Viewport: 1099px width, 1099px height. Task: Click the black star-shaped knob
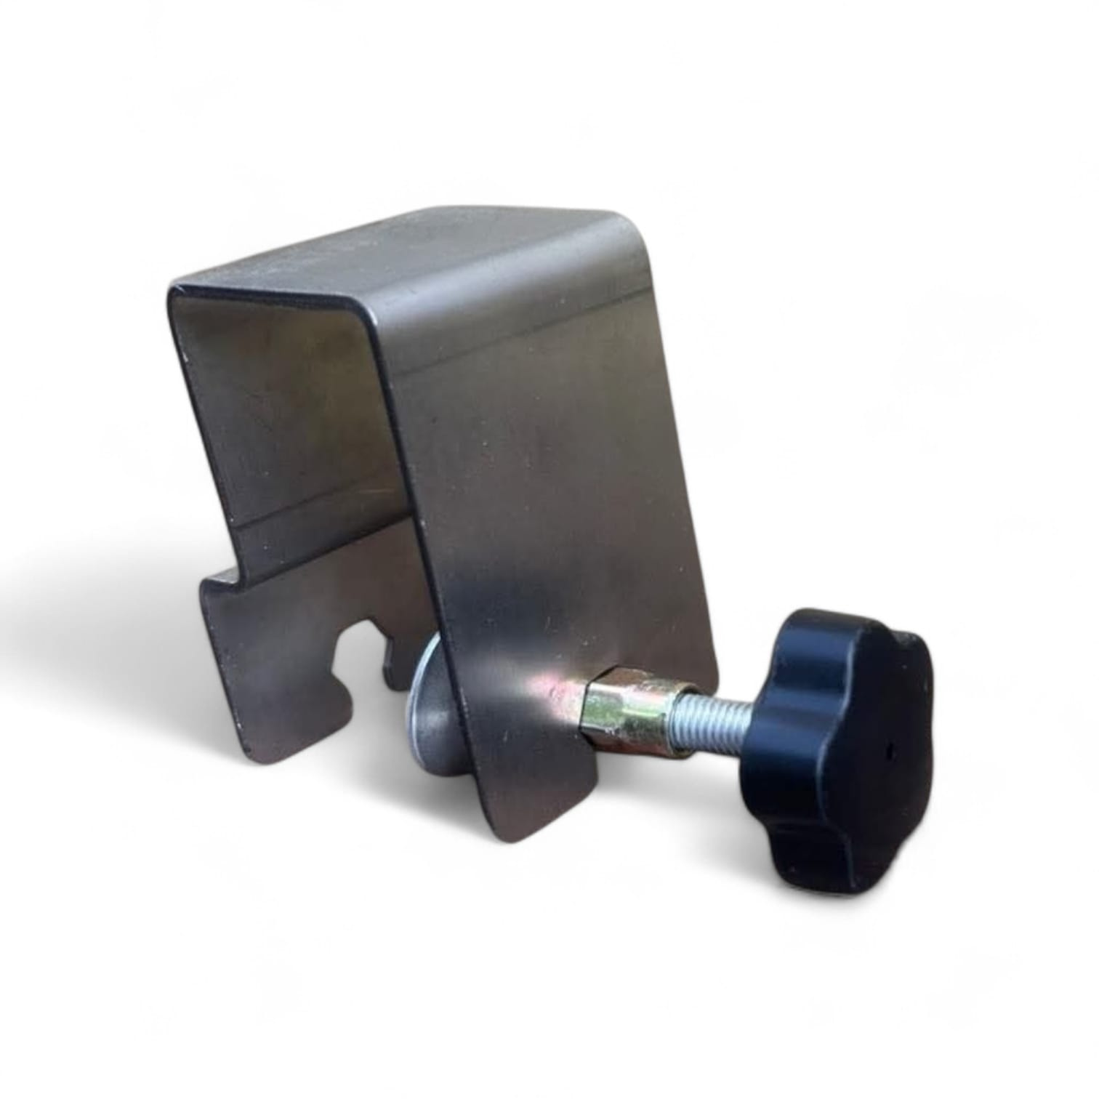(x=836, y=749)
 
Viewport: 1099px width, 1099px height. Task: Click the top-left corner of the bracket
(x=173, y=289)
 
